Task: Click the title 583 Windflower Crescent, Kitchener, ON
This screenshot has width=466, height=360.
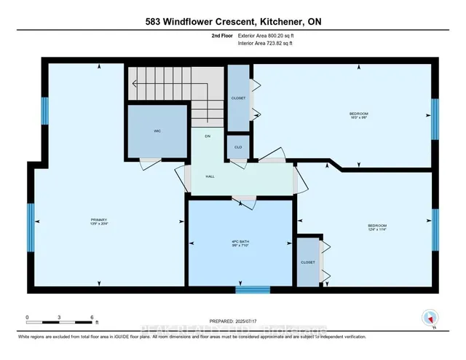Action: coord(232,22)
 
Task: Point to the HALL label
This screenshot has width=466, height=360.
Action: coord(210,176)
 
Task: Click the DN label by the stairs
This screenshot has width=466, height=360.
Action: coord(208,136)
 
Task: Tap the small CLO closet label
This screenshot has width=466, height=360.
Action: coord(238,146)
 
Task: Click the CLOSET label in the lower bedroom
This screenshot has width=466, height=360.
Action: coord(308,261)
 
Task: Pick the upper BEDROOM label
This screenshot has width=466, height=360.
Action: coord(359,114)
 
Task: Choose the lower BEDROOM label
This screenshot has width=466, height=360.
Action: coord(377,225)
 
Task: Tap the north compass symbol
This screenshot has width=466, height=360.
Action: coord(430,318)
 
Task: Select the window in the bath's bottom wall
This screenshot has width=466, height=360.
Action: coord(253,290)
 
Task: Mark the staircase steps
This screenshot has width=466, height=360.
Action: coord(166,82)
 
